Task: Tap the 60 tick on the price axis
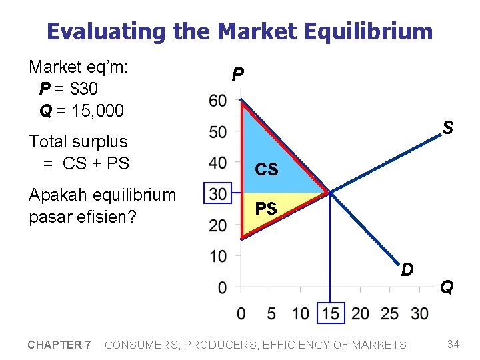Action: click(217, 101)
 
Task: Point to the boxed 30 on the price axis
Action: click(217, 194)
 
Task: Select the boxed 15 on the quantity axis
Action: click(331, 313)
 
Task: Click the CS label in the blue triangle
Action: click(267, 170)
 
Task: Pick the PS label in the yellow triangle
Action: click(266, 209)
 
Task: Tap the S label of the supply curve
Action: click(448, 127)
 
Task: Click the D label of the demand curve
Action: click(407, 269)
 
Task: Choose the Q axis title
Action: click(447, 287)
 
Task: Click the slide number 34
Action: click(453, 344)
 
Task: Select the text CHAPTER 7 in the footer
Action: click(59, 345)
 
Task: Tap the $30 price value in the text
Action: click(87, 89)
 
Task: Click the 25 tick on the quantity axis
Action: click(390, 313)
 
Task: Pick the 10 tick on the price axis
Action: click(217, 256)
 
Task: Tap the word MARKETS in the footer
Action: click(377, 345)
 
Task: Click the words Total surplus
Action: click(78, 141)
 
